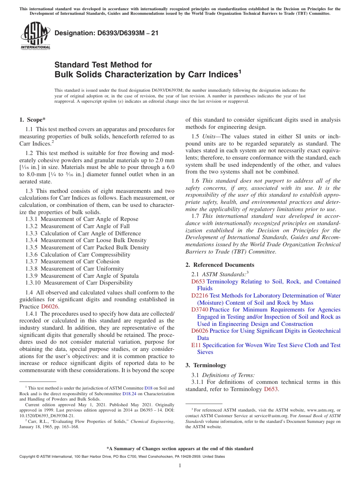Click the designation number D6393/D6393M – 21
pos(106,33)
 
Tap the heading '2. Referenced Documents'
pos(220,265)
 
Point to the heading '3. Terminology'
pos(206,365)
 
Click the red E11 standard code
pos(196,345)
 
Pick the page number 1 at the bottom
pos(180,465)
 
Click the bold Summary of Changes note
pos(180,449)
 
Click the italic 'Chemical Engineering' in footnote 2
pos(152,421)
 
